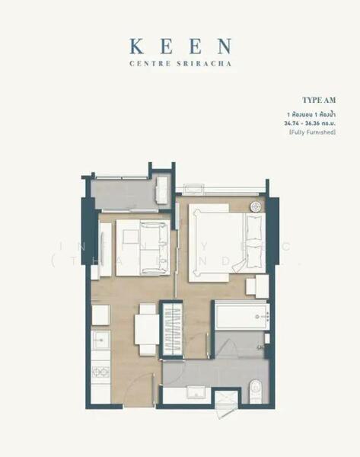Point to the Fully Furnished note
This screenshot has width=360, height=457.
312,133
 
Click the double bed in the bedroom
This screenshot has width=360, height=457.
225,242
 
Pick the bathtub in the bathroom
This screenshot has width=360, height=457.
241,315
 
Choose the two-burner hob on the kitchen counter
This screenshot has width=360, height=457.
100,372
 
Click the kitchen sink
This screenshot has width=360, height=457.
100,340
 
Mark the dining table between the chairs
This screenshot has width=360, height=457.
146,329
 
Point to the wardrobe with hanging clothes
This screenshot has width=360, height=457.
172,329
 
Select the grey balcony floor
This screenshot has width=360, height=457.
125,193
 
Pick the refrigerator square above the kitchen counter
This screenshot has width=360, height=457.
100,315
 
